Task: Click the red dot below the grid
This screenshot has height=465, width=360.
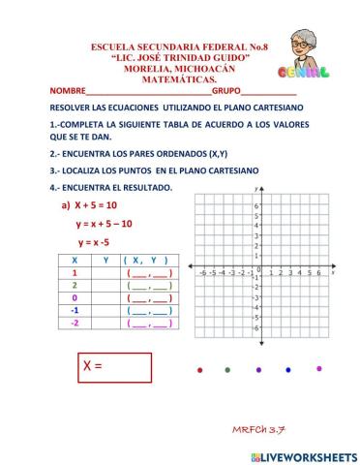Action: pos(199,370)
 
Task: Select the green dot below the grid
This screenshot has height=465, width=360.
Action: pos(227,370)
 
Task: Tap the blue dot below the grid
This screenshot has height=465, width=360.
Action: pos(289,369)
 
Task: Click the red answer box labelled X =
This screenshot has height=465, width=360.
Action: pos(115,368)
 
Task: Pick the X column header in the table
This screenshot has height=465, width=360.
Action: pos(75,261)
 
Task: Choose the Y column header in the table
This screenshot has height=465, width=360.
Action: pos(105,261)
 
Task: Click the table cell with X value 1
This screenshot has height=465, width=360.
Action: pos(75,273)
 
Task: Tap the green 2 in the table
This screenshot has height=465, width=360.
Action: pos(75,286)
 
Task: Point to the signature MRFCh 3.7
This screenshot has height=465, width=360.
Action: pos(258,428)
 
